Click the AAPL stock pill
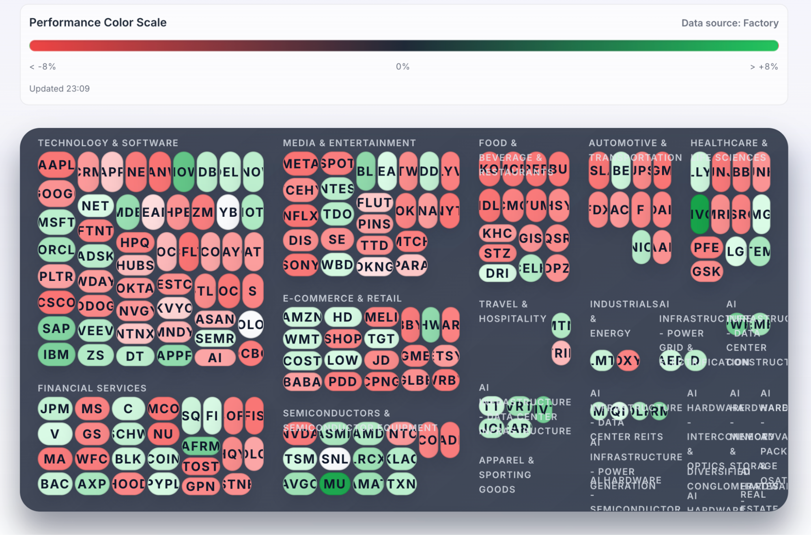pyautogui.click(x=56, y=165)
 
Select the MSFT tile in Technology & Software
pyautogui.click(x=56, y=222)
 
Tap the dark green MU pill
pyautogui.click(x=335, y=483)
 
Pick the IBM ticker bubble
pyautogui.click(x=56, y=354)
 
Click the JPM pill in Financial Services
pyautogui.click(x=55, y=408)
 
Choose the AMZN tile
pyautogui.click(x=302, y=317)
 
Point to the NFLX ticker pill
pyautogui.click(x=300, y=216)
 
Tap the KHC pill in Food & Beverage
pyautogui.click(x=497, y=233)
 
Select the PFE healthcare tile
pyautogui.click(x=706, y=247)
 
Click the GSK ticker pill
pyautogui.click(x=706, y=271)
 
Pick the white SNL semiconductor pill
pyautogui.click(x=335, y=459)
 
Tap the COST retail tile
pyautogui.click(x=302, y=360)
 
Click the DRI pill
pyautogui.click(x=497, y=273)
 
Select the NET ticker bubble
pyautogui.click(x=95, y=206)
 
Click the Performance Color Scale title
pyautogui.click(x=98, y=22)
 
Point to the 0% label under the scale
pyautogui.click(x=402, y=67)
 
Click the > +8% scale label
pyautogui.click(x=764, y=67)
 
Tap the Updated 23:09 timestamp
pyautogui.click(x=59, y=88)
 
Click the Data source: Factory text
pyautogui.click(x=729, y=23)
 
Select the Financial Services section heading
pyautogui.click(x=92, y=388)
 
